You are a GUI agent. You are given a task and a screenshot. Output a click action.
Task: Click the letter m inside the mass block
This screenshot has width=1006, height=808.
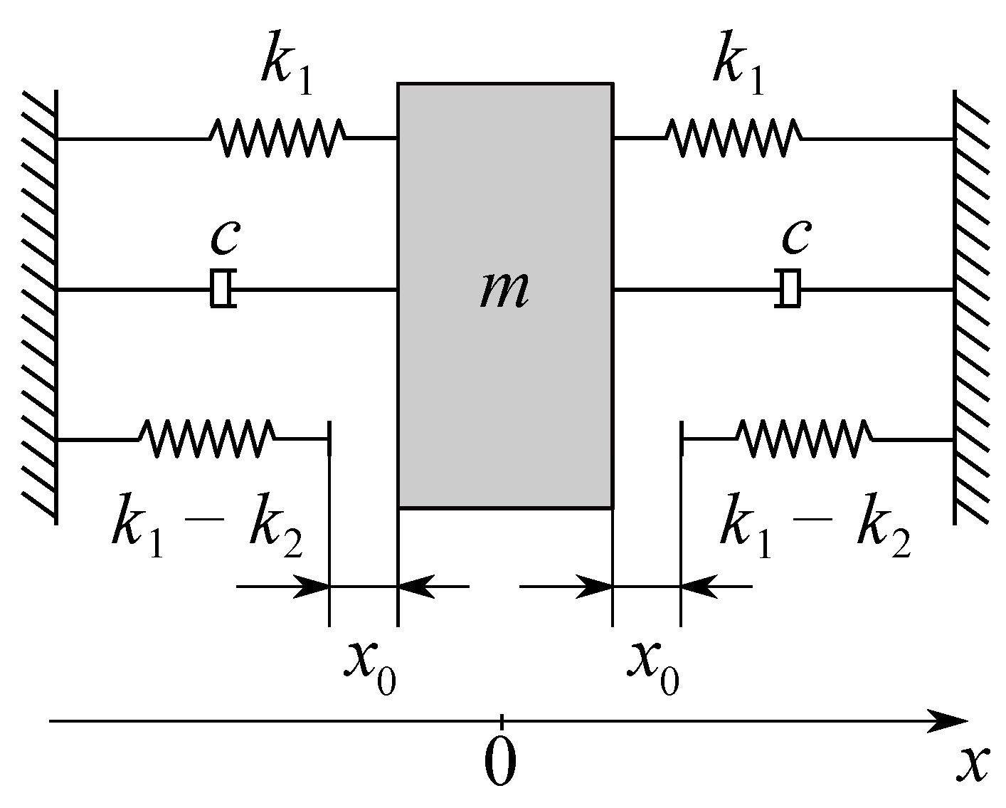pos(504,291)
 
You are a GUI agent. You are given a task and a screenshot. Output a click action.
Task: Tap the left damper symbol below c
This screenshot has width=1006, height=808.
pos(223,289)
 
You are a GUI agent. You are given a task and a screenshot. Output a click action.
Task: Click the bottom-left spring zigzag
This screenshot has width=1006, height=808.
pos(207,439)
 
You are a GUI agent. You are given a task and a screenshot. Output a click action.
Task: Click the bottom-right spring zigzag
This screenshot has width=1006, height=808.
pos(805,439)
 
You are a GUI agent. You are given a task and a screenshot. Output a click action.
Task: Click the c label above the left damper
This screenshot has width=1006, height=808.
pos(224,238)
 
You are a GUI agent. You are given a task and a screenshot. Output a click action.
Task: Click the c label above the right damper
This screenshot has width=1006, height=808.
pos(795,238)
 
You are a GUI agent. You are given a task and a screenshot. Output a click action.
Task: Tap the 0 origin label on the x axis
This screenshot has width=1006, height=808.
pos(500,762)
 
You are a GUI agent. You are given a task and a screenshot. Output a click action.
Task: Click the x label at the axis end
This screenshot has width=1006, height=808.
pos(972,765)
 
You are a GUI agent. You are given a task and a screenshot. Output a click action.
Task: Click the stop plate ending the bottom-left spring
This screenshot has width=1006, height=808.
pos(329,439)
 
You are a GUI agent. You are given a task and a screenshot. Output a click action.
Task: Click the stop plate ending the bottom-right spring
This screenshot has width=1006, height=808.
pos(682,439)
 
